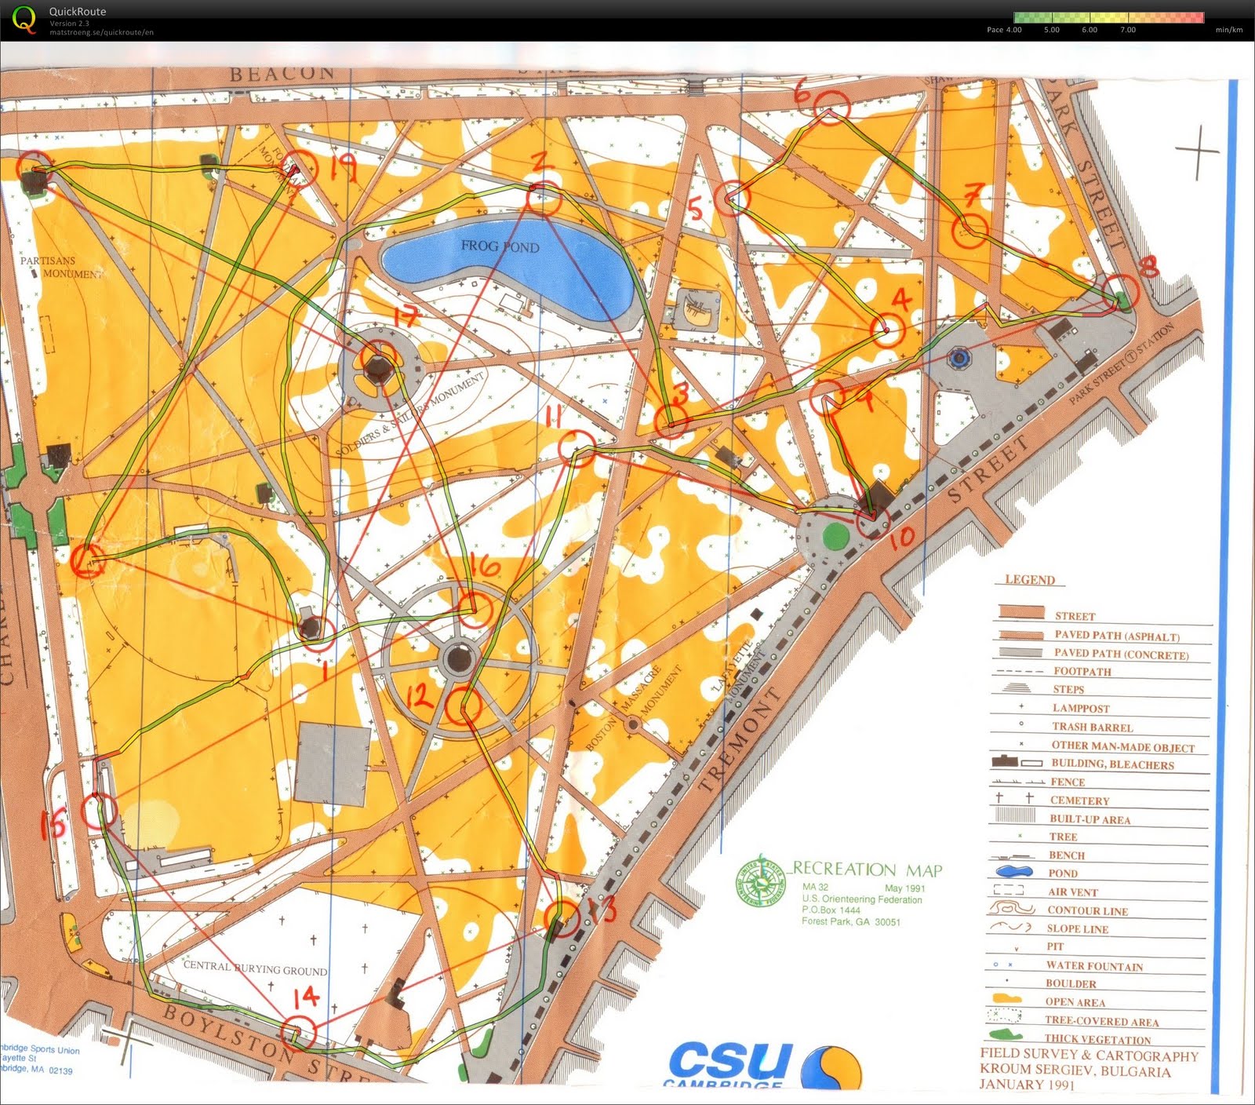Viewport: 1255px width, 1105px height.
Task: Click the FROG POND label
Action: coord(500,246)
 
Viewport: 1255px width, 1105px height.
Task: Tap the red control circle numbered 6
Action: coord(831,106)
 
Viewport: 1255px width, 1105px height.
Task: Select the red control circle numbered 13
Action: coord(562,917)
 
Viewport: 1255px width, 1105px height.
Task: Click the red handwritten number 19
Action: coord(343,168)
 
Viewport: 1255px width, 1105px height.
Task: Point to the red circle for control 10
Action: coord(872,520)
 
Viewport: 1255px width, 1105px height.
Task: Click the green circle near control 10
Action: coord(836,537)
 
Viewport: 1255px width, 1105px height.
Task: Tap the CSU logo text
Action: coord(729,1060)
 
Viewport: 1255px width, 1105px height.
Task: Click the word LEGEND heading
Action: coord(1030,580)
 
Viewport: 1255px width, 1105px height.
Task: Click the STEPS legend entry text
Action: coord(1068,689)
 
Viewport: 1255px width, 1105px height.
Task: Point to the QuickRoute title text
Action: coord(77,12)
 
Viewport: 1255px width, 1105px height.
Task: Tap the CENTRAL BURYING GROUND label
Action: coord(255,968)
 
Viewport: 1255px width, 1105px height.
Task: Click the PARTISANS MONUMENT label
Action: coord(60,267)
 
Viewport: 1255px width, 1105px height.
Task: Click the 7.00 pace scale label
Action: coord(1127,30)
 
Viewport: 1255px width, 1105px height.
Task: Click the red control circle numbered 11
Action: coord(577,448)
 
